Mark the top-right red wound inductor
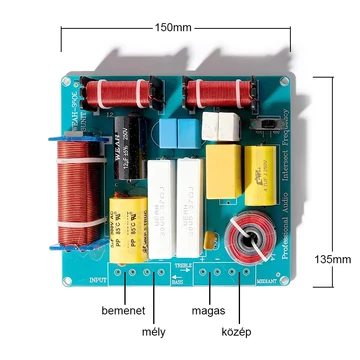tap(213, 95)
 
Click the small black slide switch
tap(266, 124)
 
